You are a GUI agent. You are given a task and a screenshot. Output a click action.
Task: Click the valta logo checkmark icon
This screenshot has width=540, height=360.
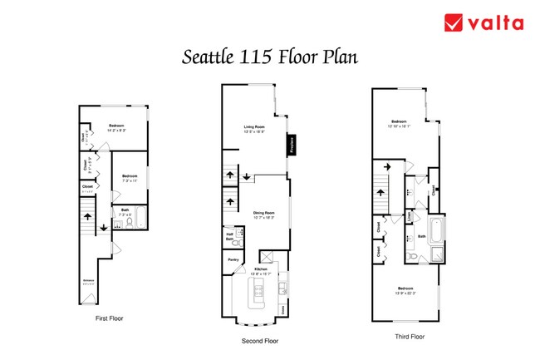(x=454, y=22)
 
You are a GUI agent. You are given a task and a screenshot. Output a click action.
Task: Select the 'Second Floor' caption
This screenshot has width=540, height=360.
(x=259, y=341)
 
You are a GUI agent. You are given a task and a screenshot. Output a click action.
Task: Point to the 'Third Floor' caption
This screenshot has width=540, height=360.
(x=410, y=337)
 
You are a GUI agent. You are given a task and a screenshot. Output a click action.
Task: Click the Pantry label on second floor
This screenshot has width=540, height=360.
(x=233, y=260)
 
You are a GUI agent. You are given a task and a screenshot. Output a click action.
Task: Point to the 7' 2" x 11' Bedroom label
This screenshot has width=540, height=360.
(x=129, y=177)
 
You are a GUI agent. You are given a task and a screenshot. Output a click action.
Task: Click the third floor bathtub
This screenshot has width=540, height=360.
(x=435, y=228)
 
